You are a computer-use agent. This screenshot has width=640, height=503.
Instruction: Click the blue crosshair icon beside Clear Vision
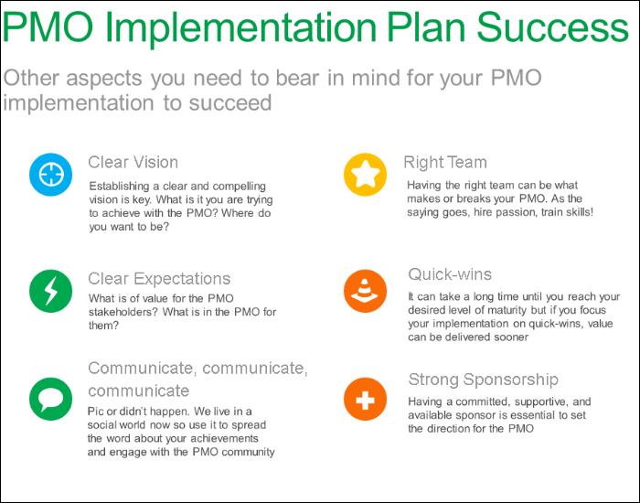coord(51,175)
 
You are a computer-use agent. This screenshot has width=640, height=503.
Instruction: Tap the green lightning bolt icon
coord(51,290)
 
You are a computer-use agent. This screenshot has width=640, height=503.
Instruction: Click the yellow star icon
coord(366,175)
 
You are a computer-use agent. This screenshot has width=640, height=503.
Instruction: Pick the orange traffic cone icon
coord(366,290)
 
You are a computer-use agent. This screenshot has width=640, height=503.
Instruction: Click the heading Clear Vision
coord(133,163)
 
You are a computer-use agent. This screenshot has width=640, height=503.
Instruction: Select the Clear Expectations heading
coord(159,279)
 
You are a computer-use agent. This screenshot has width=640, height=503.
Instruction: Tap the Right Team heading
coord(445,163)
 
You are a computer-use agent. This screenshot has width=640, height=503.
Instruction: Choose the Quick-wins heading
coord(450,274)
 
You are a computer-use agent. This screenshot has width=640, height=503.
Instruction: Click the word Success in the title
coord(554,28)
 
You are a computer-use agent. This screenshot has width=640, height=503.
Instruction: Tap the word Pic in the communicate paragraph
coord(97,412)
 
